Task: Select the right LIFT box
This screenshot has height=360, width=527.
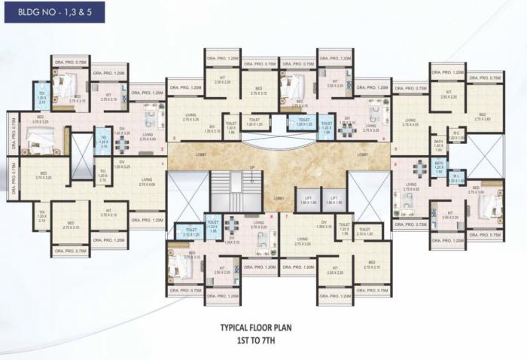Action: tap(334, 199)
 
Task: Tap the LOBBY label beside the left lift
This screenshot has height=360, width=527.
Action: tap(279, 198)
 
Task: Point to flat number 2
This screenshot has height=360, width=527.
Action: tap(175, 139)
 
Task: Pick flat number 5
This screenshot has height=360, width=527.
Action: tap(395, 148)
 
